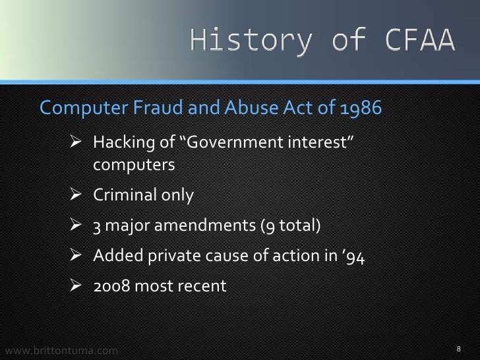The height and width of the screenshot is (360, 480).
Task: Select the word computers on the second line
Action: pos(133,165)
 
